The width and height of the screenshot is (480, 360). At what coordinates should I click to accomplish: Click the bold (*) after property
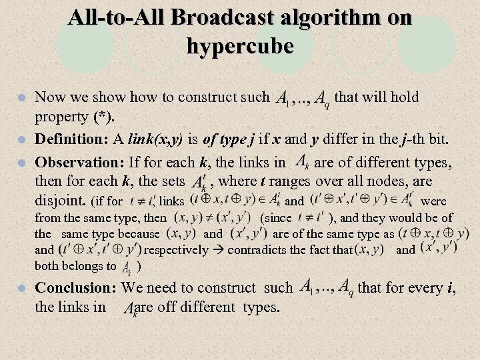point(103,117)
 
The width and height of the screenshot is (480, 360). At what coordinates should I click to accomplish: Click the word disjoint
point(59,199)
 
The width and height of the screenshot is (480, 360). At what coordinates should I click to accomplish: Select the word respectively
point(175,250)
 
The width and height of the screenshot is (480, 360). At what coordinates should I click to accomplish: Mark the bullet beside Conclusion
point(21,288)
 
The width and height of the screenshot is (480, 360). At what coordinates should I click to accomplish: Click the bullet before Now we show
point(21,97)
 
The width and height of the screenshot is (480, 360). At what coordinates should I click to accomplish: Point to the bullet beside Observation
point(21,163)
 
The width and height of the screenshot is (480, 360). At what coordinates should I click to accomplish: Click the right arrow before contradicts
point(217,250)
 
